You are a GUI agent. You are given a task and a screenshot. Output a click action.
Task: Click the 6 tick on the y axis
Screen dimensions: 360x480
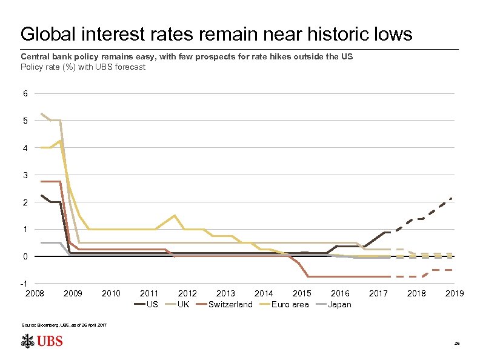(25, 94)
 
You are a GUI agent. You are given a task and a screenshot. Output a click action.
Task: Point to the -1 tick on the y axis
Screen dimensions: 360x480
(24, 284)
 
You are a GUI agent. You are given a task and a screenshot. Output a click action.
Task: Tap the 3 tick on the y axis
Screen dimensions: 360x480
(25, 175)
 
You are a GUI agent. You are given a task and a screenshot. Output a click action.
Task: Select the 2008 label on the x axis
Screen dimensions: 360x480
(35, 293)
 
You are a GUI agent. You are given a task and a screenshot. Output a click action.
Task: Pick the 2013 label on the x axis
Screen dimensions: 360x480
(225, 293)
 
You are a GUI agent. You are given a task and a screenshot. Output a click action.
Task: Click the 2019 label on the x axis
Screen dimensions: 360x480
(455, 293)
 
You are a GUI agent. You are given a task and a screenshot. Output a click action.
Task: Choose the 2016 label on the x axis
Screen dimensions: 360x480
(340, 293)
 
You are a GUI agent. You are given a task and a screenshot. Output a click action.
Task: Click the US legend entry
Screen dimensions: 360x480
(152, 304)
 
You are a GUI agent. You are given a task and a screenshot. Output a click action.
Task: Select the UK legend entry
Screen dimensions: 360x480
(183, 304)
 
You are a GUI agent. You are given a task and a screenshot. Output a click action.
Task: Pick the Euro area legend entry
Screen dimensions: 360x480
(290, 304)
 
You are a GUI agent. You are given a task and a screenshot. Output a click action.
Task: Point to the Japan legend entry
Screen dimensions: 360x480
(339, 304)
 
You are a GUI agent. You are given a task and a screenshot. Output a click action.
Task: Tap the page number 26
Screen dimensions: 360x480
(457, 344)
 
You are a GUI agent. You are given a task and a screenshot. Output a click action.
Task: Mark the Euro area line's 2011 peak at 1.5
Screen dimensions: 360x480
(175, 215)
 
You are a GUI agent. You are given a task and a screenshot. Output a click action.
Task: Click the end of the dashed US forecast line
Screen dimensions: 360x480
(452, 198)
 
